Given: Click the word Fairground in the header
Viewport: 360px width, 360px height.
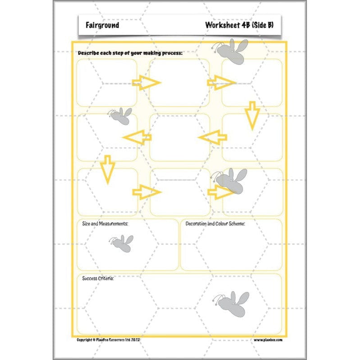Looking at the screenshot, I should point(102,25).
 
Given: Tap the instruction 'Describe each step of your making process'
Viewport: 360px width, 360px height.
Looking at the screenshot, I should point(130,53).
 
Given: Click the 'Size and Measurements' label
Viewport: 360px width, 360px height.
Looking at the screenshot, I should point(105,224).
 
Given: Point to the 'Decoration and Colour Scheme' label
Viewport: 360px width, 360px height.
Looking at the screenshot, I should point(215,224).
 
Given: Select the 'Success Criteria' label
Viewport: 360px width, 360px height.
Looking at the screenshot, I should point(98,278).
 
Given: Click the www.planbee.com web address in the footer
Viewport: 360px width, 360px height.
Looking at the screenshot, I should point(268,340).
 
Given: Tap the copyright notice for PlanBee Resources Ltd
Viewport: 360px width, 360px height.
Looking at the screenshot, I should point(115,340).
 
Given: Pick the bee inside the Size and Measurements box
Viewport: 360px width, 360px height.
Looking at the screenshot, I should point(121,243).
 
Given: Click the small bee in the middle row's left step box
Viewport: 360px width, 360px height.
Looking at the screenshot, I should point(120,116).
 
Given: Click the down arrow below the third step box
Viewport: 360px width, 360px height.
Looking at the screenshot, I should point(252,115).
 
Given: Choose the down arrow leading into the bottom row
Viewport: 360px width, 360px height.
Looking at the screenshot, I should point(107,169).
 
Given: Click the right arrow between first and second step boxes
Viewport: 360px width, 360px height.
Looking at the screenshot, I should point(146,83).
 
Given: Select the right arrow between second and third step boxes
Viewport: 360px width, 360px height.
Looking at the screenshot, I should point(221,82).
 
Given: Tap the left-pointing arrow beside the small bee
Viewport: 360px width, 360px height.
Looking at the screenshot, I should point(137,137).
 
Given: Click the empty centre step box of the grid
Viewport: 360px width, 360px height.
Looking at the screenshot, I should point(180,137).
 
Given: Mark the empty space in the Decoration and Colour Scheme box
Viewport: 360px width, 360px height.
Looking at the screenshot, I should point(231,250).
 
